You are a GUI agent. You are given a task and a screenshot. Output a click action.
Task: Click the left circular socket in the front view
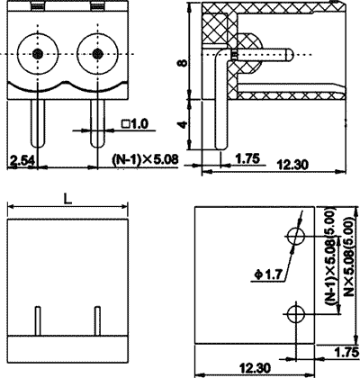[38, 56]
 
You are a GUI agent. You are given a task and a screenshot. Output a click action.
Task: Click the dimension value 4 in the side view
[182, 127]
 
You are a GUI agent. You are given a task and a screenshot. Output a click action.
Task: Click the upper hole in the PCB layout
[296, 237]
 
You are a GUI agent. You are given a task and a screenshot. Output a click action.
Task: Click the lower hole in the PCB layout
[296, 313]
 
